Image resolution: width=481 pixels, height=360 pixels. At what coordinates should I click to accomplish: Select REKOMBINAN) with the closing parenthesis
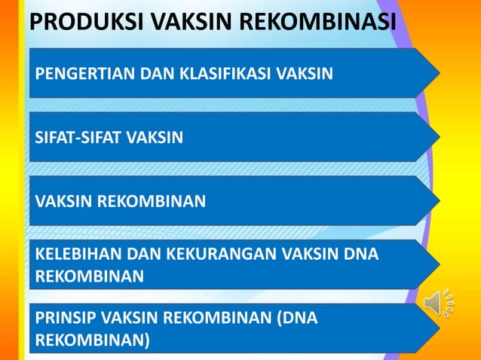92,340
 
